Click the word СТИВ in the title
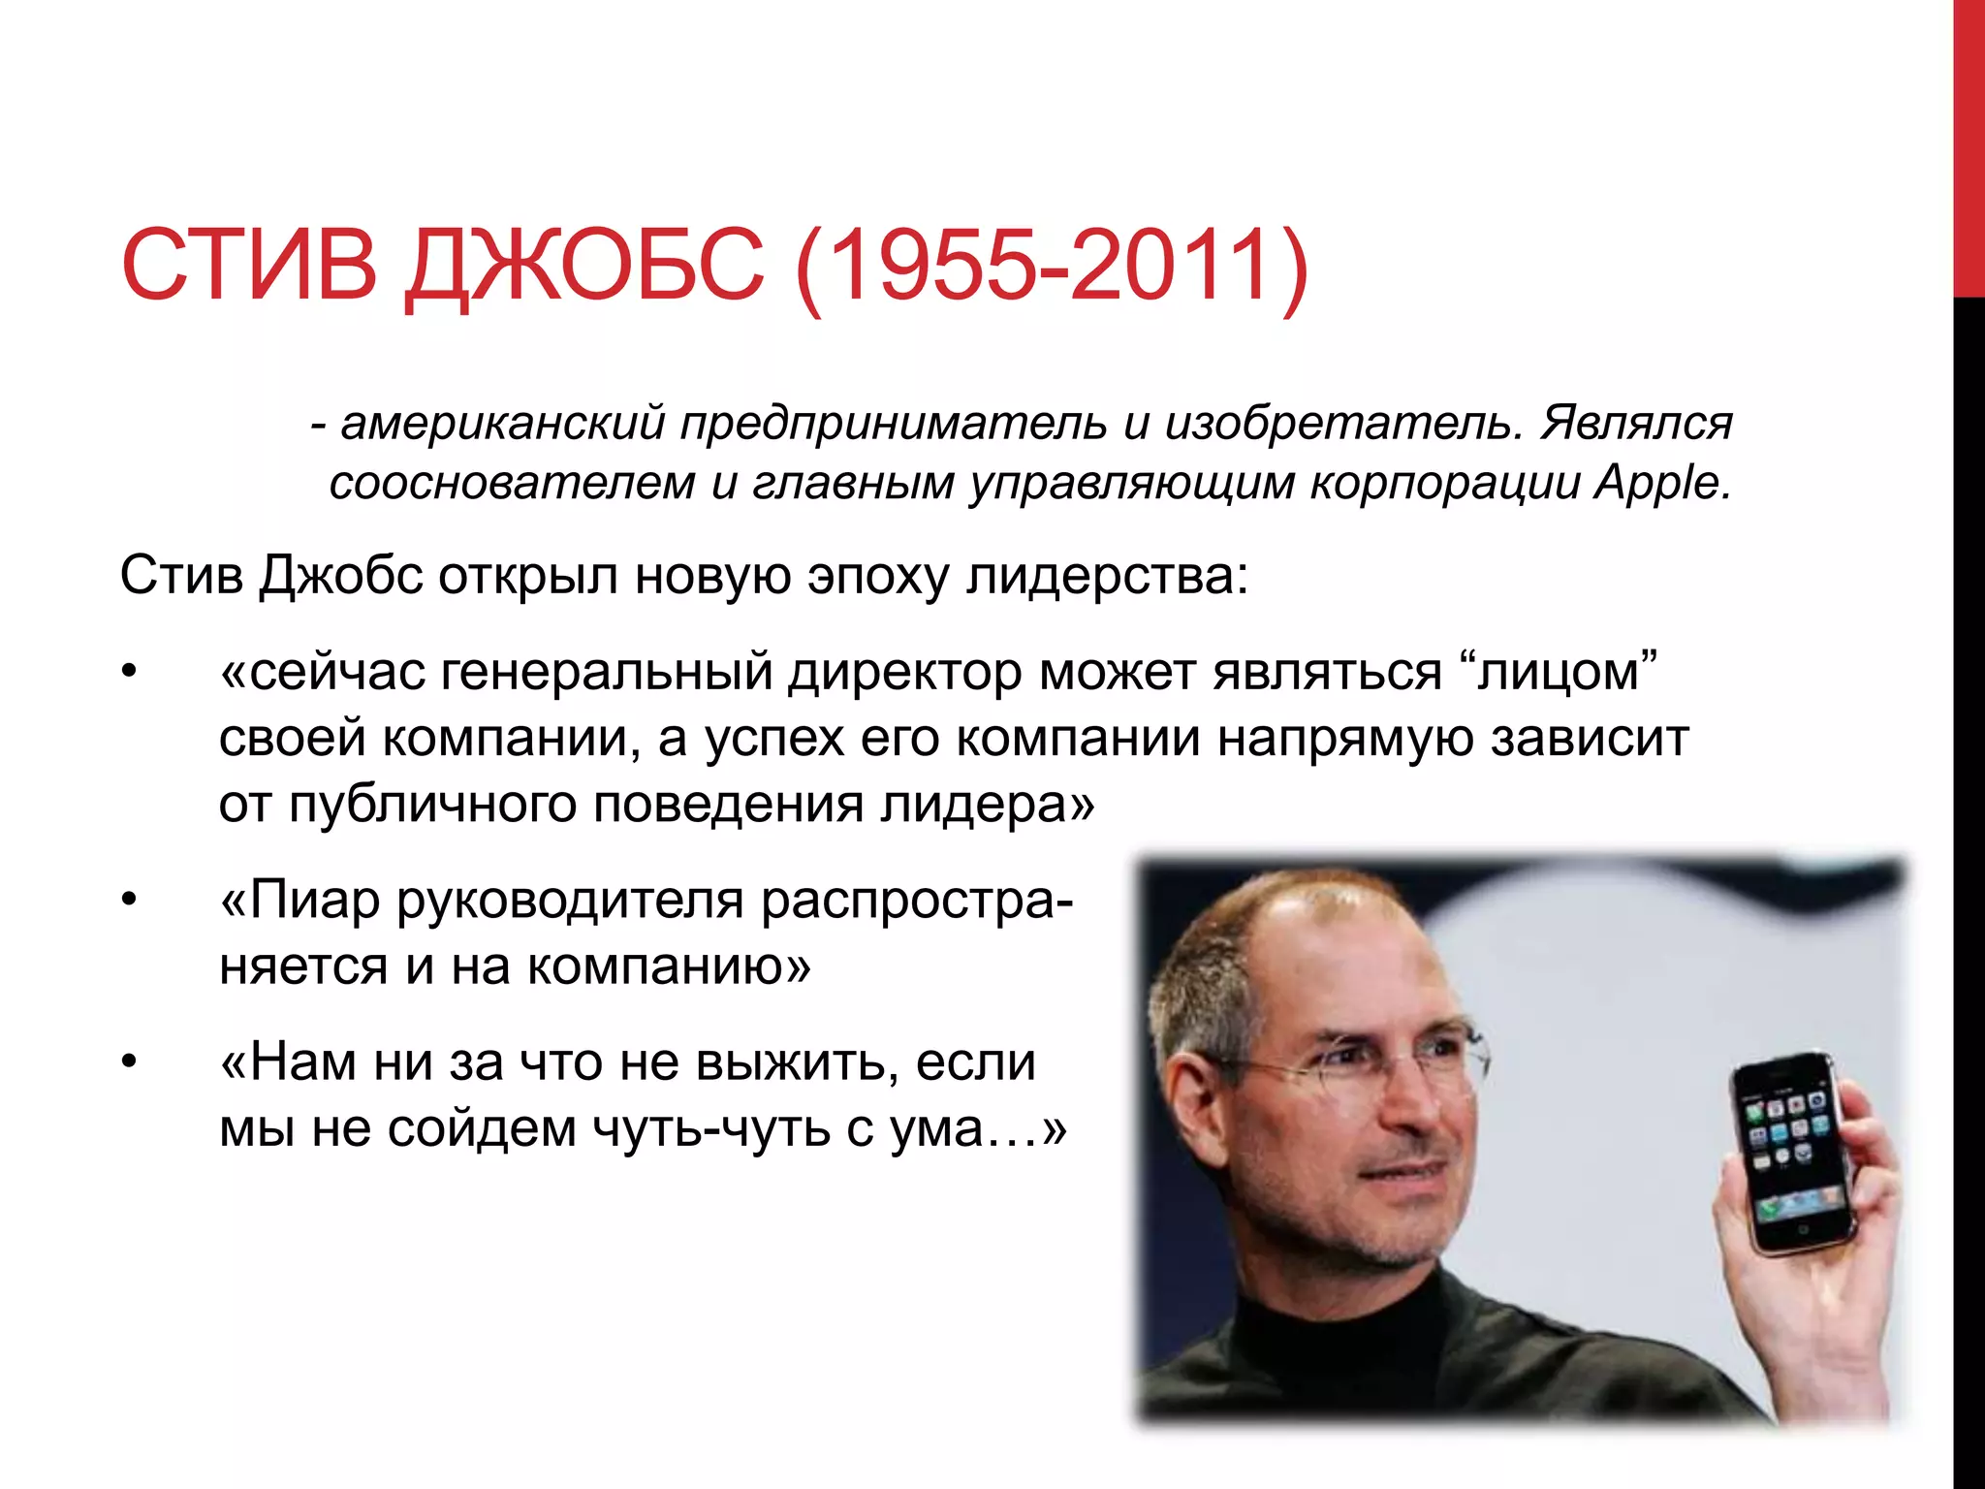[248, 265]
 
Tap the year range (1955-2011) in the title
[1052, 267]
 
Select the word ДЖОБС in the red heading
[585, 267]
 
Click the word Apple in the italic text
[1661, 483]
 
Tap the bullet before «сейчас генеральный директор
[128, 672]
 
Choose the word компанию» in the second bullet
[669, 966]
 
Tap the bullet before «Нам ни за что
[128, 1062]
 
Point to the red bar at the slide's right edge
[1969, 145]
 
